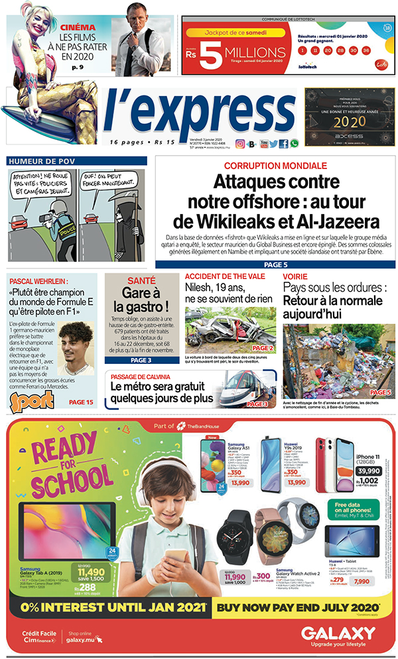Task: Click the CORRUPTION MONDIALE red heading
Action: pyautogui.click(x=275, y=166)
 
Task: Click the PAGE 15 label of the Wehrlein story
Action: pyautogui.click(x=82, y=402)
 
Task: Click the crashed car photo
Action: pyautogui.click(x=230, y=329)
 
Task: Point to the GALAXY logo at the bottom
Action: pyautogui.click(x=338, y=633)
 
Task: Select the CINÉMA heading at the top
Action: pyautogui.click(x=78, y=28)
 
